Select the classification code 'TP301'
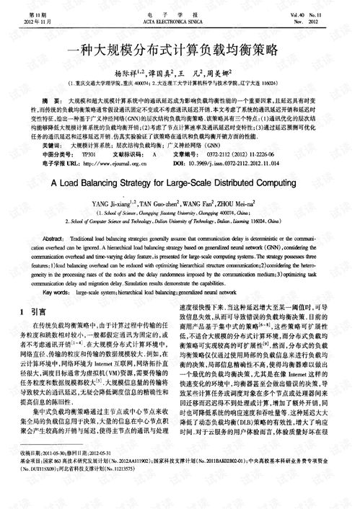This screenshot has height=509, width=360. click(89, 154)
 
